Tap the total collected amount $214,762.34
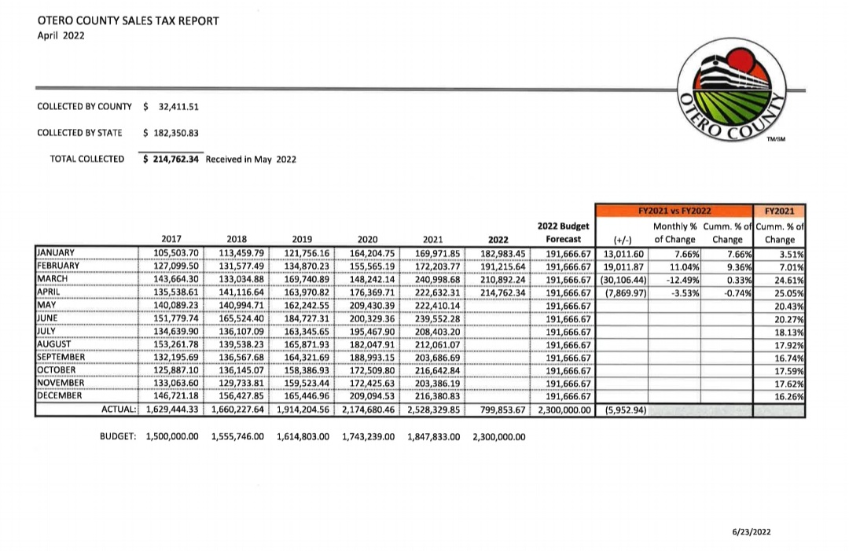click(x=171, y=159)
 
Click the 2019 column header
click(x=302, y=239)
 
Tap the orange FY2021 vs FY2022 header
click(x=675, y=211)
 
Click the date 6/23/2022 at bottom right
click(x=752, y=532)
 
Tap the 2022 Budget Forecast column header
click(x=564, y=233)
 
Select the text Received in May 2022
click(x=251, y=159)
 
